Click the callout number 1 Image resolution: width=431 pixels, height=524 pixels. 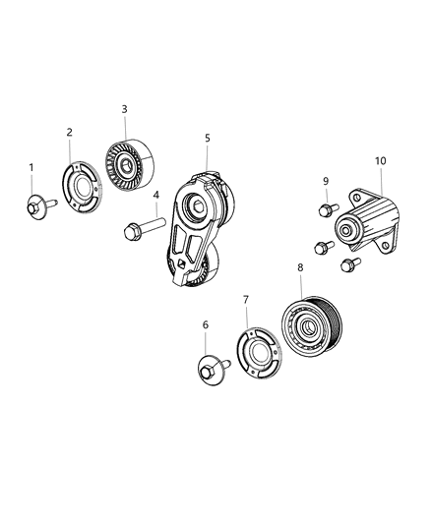tap(31, 167)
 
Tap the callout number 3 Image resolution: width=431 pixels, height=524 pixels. tap(124, 109)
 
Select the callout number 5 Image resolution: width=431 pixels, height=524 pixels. tap(208, 138)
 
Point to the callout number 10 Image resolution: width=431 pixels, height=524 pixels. tap(380, 161)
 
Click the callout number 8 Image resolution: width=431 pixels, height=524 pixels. tap(300, 267)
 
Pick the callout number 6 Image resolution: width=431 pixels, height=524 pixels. tap(206, 324)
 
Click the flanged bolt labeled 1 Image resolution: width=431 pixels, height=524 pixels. tap(41, 207)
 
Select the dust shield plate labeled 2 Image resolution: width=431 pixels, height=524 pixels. tap(83, 187)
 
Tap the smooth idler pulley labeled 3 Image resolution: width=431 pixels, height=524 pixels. tap(130, 165)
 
